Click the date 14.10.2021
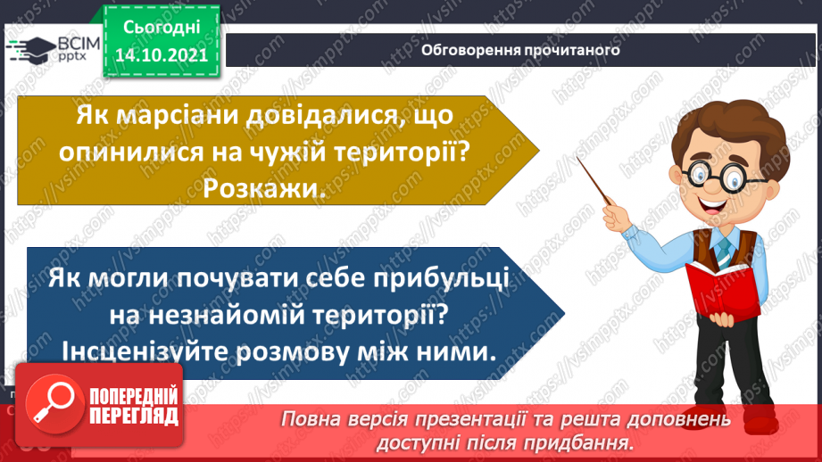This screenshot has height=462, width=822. [x=161, y=54]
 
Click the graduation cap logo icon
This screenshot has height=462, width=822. [x=33, y=49]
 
